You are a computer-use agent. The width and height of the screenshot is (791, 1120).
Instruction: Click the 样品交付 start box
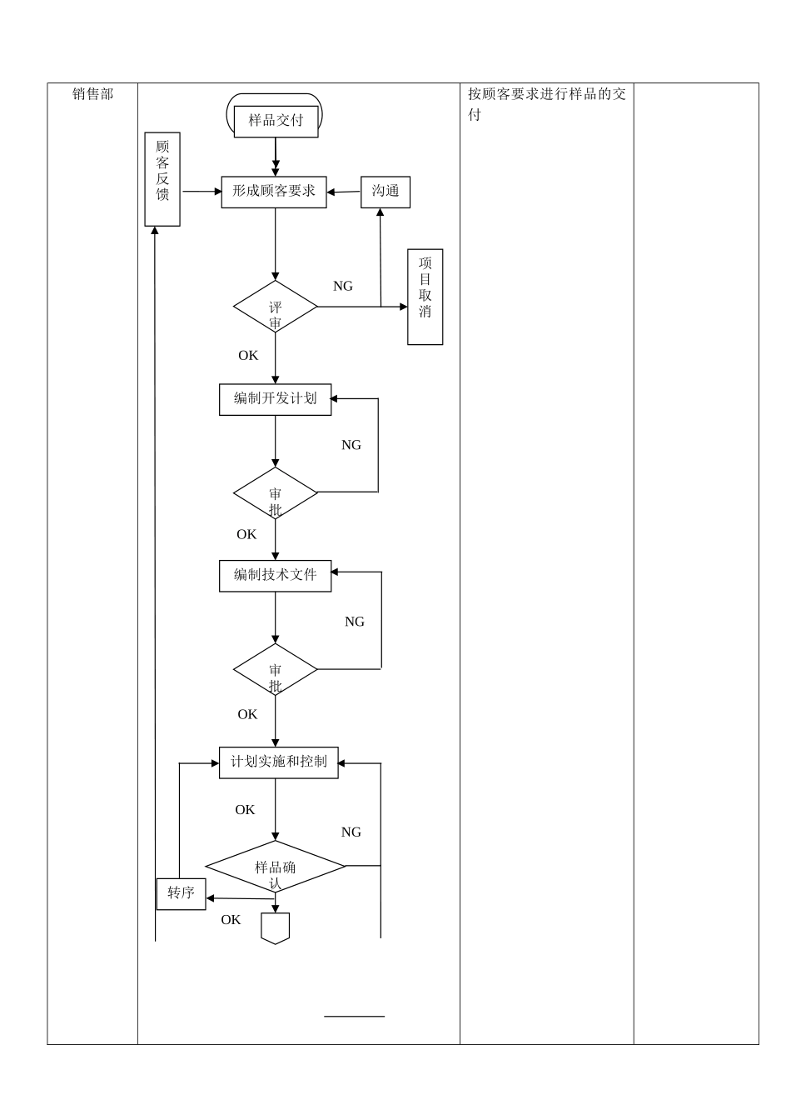click(276, 120)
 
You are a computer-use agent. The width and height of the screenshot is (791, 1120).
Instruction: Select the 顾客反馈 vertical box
click(162, 179)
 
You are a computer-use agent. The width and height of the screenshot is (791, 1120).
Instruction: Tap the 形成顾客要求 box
click(274, 192)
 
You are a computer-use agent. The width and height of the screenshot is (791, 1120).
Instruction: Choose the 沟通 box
click(386, 192)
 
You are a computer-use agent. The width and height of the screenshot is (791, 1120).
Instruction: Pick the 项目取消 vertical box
click(425, 297)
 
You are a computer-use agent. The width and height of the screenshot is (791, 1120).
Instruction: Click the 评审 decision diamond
click(276, 307)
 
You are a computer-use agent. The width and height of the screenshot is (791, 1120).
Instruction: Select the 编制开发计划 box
click(276, 399)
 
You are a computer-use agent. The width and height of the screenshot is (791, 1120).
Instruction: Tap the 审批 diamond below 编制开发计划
click(276, 493)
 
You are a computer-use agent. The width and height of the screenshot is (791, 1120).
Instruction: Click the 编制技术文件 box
click(276, 576)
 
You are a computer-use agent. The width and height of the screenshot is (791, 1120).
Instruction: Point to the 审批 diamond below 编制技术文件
click(276, 669)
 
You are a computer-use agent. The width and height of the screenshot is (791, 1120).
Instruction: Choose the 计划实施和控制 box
click(279, 762)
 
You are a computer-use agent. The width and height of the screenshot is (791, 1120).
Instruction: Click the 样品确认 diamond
click(276, 867)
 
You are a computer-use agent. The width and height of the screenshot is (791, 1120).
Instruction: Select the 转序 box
click(182, 893)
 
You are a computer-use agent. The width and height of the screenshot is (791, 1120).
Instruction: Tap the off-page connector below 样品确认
click(276, 927)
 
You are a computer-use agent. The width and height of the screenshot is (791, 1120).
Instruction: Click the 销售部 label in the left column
click(92, 95)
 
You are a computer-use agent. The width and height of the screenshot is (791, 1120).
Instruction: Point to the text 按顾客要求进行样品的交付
click(546, 104)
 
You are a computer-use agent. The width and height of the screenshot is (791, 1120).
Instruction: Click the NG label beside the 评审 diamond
click(343, 287)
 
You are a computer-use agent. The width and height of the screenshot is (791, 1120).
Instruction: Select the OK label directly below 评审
click(248, 356)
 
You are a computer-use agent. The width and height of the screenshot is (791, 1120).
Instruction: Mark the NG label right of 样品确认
click(351, 832)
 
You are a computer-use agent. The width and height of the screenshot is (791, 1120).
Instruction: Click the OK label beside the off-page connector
click(231, 920)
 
